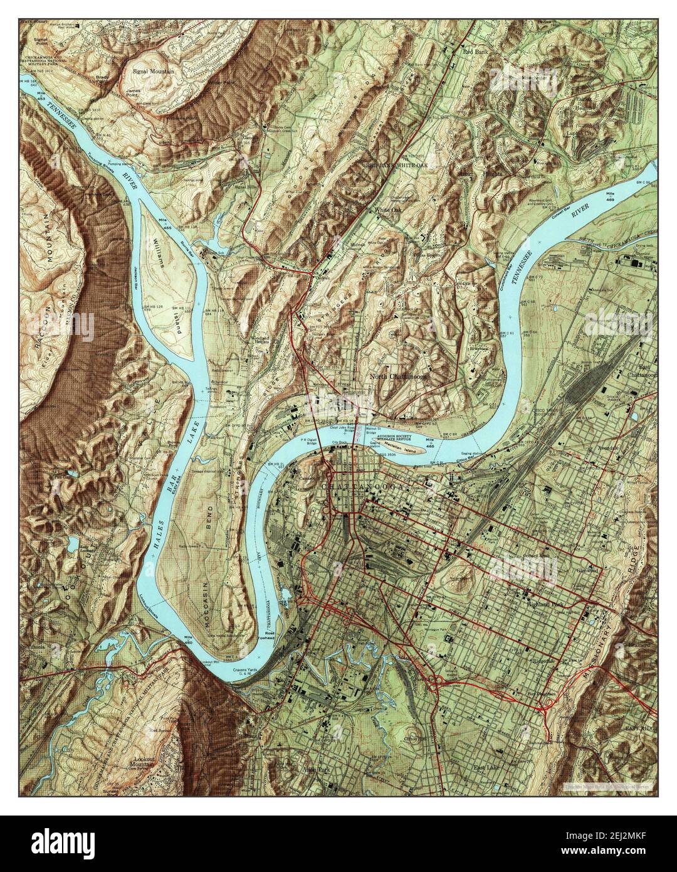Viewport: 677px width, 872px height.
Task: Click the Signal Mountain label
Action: coord(153,72)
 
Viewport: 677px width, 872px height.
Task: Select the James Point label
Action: coord(132,94)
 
